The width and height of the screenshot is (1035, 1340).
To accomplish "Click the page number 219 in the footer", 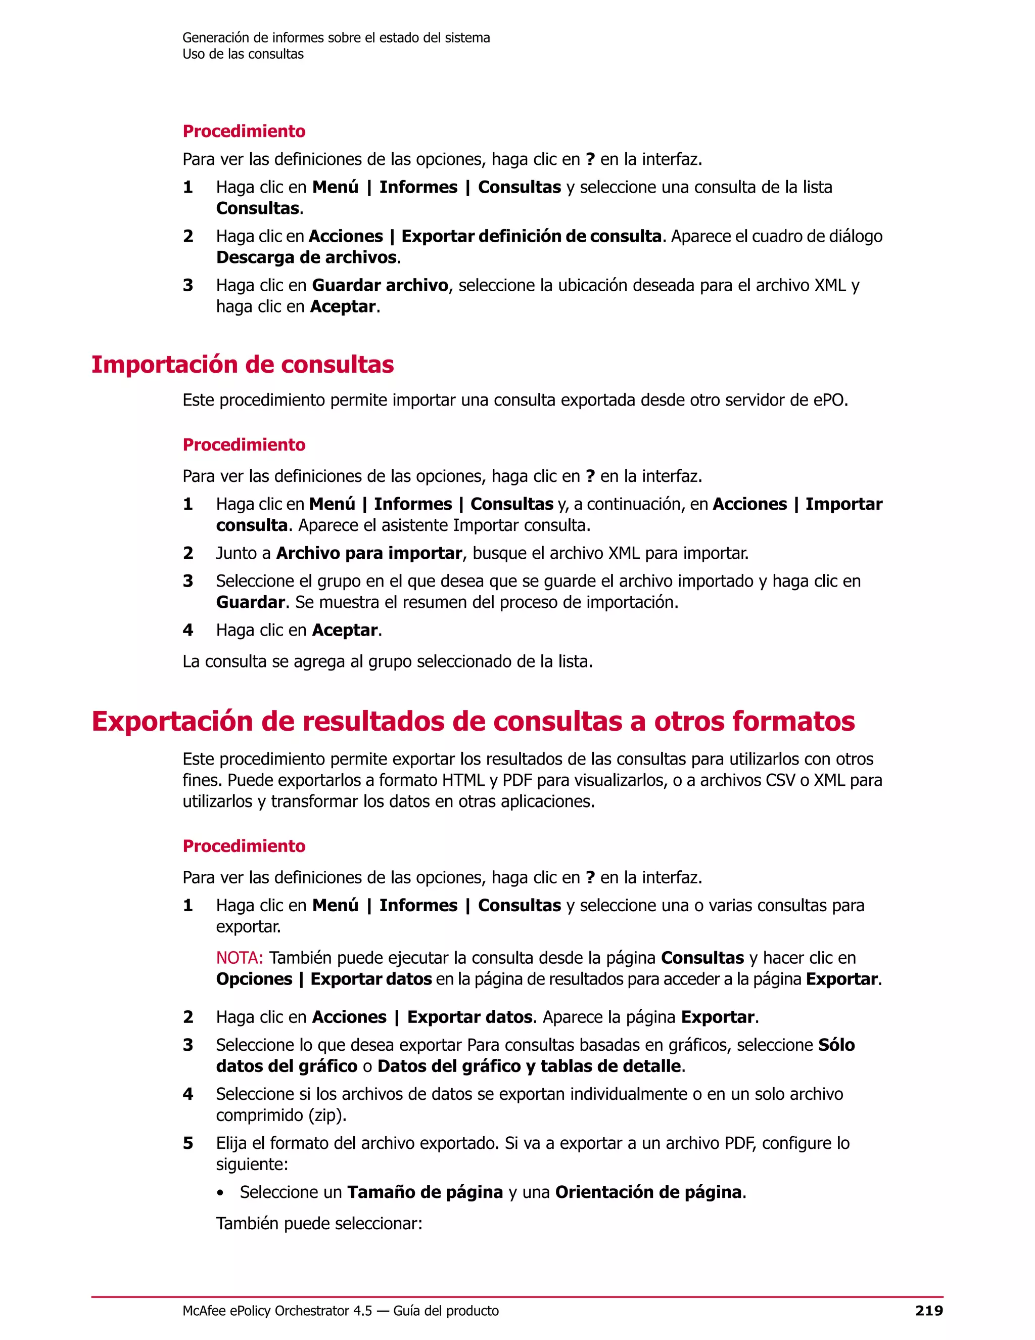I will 928,1311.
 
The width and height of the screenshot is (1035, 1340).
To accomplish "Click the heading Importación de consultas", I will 242,365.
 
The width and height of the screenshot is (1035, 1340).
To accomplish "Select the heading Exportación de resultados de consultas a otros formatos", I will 473,721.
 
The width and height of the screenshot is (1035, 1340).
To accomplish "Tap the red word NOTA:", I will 239,957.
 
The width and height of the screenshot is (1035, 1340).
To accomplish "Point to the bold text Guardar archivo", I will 380,285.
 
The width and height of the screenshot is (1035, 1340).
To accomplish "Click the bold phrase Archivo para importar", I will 369,553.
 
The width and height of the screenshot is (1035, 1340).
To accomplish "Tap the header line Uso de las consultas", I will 243,54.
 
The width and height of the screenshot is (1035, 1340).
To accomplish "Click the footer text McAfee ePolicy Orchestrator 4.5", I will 277,1311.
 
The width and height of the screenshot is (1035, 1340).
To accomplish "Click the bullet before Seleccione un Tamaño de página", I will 220,1193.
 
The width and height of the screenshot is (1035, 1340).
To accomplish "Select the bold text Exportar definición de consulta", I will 531,236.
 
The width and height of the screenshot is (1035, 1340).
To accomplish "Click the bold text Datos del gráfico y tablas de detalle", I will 529,1066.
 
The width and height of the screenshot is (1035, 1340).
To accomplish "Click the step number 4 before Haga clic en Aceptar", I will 187,630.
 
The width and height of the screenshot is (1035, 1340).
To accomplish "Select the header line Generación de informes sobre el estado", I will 336,37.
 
